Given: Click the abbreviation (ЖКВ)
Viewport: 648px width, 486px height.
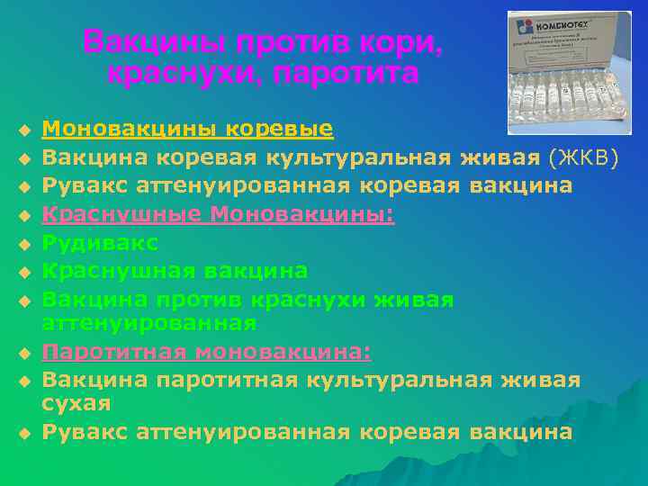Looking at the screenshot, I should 584,158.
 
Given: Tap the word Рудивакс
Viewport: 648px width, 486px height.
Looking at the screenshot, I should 100,243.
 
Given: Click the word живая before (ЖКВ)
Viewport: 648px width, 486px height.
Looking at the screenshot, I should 499,158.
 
